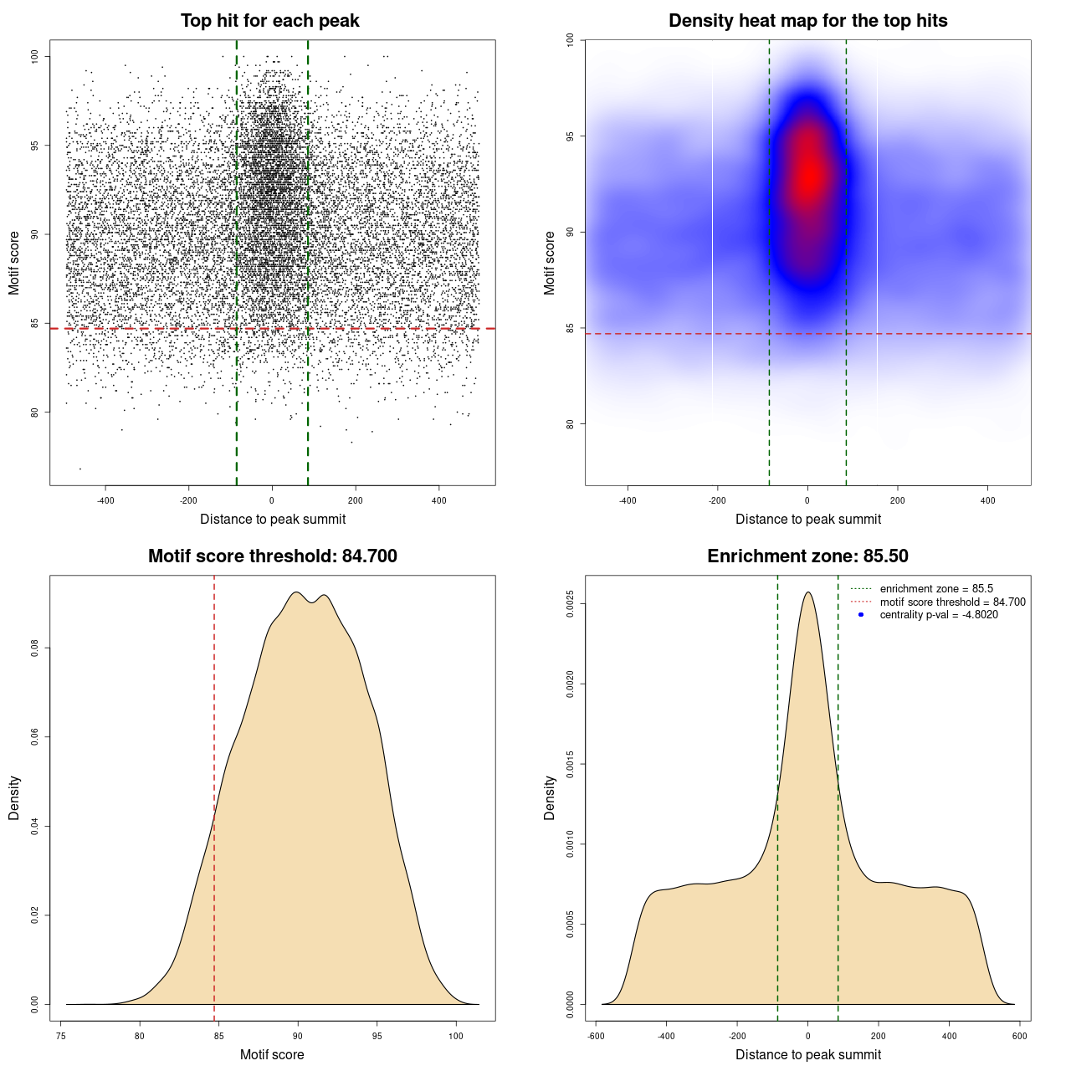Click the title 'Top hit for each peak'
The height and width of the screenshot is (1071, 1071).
[x=270, y=21]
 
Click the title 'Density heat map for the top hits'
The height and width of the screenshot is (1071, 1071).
[x=807, y=21]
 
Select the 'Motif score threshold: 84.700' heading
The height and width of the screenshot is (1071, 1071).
[x=272, y=556]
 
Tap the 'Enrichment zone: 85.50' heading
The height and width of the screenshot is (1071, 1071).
[x=807, y=556]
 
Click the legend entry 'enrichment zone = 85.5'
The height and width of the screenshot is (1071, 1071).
[x=936, y=589]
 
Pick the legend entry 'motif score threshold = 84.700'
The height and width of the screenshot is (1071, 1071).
[x=952, y=602]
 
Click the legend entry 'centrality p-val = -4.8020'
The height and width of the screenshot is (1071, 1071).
[x=939, y=615]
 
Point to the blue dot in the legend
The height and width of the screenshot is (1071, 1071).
[x=861, y=615]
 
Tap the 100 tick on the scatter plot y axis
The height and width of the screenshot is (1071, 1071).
[x=34, y=56]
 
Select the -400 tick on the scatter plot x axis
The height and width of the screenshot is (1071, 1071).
[x=105, y=500]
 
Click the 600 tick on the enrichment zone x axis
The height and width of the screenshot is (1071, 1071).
[x=1019, y=1036]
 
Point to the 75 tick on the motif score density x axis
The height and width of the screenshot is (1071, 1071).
[x=61, y=1036]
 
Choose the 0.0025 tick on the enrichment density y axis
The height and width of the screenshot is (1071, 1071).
[x=570, y=604]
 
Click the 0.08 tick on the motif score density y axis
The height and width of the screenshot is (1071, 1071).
[x=34, y=648]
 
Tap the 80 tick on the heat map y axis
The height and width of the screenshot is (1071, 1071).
[x=570, y=424]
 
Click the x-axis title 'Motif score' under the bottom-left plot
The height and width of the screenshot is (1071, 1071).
[x=272, y=1054]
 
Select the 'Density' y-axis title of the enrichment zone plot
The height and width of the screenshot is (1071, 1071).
[x=550, y=797]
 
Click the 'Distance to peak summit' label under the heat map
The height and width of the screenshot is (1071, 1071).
[x=807, y=519]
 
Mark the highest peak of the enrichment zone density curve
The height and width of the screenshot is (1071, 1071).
[x=807, y=592]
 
